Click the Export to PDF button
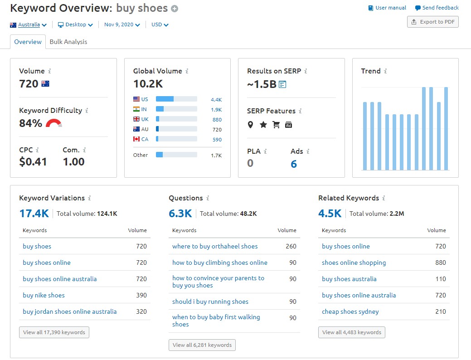coord(432,22)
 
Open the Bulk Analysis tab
coord(68,42)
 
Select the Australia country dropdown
coord(29,24)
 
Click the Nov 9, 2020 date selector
coord(121,24)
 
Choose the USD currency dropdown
coord(160,24)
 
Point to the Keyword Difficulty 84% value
coord(30,123)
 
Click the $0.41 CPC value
coord(33,162)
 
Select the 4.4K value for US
coord(216,99)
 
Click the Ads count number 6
coord(294,164)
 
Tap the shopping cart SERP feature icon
coord(276,125)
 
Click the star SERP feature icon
coord(263,125)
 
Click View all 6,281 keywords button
coord(202,345)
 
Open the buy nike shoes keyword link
coord(44,295)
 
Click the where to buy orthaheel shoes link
coord(215,246)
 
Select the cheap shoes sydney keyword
coord(350,311)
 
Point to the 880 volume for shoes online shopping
coord(440,263)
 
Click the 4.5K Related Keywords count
coord(330,213)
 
